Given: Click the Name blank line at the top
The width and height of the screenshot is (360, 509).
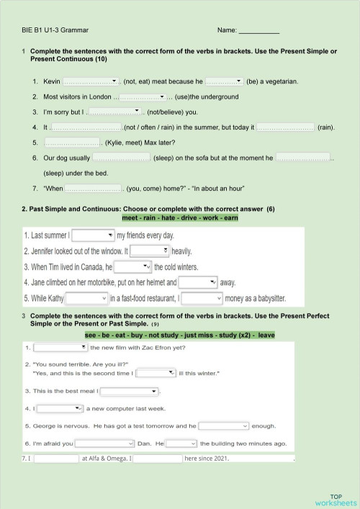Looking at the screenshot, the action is coord(258,32).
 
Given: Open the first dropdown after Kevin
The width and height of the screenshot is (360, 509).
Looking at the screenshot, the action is coord(91,81).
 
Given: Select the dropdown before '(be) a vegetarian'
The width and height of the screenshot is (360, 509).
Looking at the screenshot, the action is coord(224,81).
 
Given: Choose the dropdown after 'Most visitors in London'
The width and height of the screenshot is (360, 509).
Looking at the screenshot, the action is coord(143,96).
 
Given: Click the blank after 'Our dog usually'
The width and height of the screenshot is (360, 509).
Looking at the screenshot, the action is coord(121,158).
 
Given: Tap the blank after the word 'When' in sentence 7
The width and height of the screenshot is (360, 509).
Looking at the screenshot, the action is coord(94,189).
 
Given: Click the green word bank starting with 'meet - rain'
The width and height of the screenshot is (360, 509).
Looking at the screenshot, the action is coord(180,217).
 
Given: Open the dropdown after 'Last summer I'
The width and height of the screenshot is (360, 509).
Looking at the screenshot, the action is coord(93,235).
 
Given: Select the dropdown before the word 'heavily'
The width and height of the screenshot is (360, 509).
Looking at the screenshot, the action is coord(150,251).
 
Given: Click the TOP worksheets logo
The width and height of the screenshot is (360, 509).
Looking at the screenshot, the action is coord(336,499).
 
